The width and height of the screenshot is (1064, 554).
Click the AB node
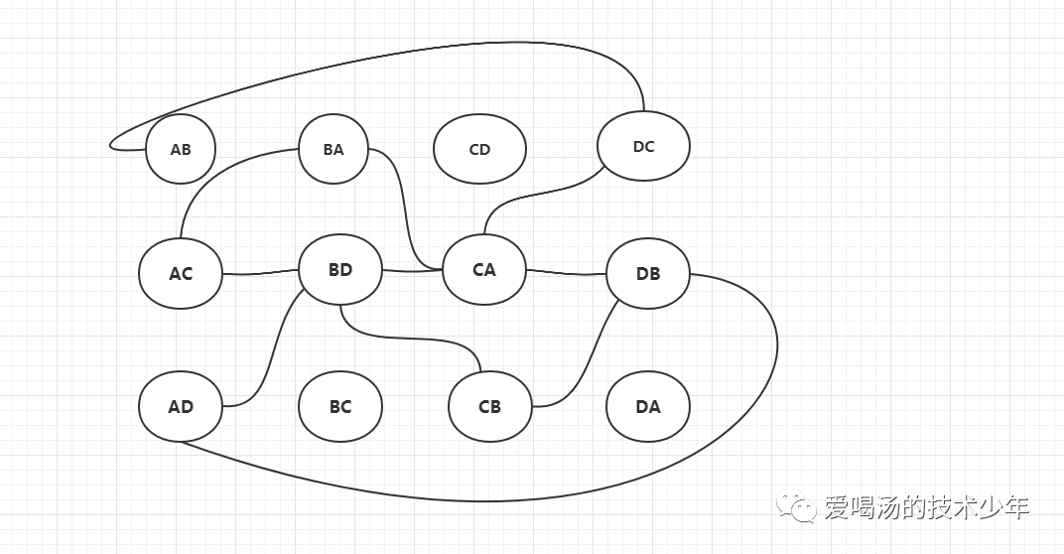pos(181,150)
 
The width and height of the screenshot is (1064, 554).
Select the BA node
pos(333,150)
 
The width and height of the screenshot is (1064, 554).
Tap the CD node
pos(479,150)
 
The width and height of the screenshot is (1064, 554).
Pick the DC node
pos(643,147)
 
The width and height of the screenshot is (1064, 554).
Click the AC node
pos(181,273)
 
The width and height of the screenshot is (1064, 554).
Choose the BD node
pos(339,269)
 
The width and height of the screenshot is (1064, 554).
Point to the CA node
pos(483,269)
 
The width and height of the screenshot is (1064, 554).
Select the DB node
pos(647,273)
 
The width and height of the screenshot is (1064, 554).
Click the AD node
pos(181,407)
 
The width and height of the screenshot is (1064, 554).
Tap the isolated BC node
pos(339,407)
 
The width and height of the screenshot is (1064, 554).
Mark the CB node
pos(489,407)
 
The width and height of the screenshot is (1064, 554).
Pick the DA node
pos(647,407)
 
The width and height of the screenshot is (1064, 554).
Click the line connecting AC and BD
pos(260,273)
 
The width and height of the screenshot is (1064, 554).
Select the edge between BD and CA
pos(412,270)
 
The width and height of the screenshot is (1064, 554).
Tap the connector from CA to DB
pos(566,272)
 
